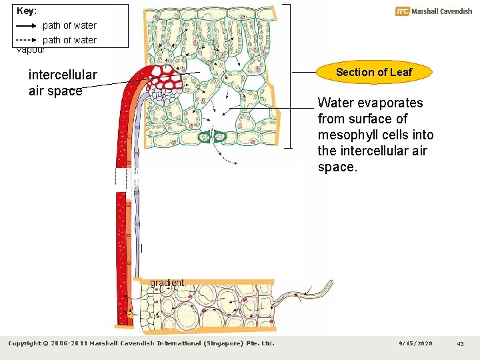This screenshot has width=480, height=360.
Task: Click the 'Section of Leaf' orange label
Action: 374,72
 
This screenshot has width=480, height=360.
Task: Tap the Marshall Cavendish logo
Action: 433,11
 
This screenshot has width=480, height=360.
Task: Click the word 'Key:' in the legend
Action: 27,11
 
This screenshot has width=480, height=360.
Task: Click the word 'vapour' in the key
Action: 30,49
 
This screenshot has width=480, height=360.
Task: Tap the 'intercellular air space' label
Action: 62,83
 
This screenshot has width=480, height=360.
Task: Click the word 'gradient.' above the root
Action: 168,283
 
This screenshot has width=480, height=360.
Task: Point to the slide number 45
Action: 460,343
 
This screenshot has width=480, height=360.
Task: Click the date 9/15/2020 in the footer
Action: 415,343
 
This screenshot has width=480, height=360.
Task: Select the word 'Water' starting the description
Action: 333,103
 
